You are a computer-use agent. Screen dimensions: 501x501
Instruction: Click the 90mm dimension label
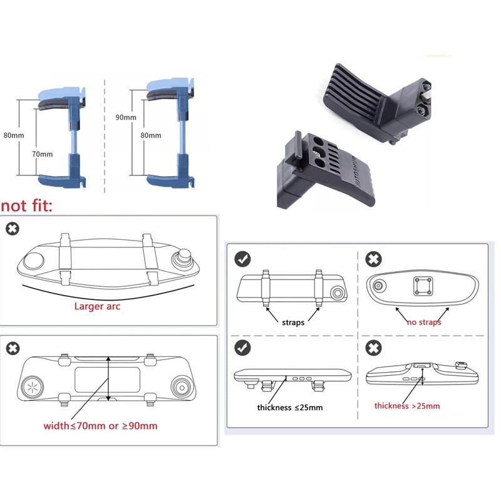pos(126,117)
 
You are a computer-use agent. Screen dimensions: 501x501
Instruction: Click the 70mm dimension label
pos(43,153)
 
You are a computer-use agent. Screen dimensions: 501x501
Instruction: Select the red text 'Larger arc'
pos(98,306)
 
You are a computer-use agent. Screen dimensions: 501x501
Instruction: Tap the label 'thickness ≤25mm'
pos(290,408)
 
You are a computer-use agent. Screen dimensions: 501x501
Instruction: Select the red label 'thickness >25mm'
pos(407,406)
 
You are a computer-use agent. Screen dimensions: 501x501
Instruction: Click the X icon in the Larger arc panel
pos(12,229)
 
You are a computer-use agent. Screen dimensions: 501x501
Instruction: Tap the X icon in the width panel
pos(12,348)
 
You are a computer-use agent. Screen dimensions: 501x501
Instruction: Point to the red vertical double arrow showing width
pos(110,379)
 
